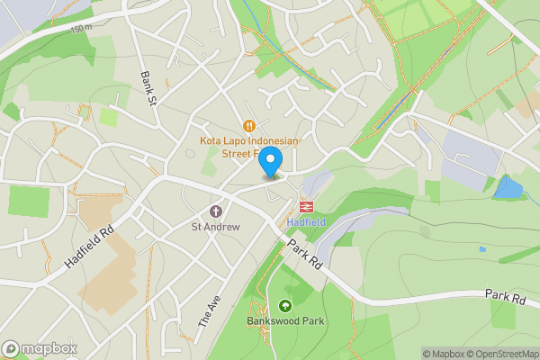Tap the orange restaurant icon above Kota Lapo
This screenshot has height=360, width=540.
(x=248, y=126)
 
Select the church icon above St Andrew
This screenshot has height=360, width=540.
(x=215, y=211)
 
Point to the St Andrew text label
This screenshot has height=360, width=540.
(x=215, y=227)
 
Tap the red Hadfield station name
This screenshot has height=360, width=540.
(x=306, y=221)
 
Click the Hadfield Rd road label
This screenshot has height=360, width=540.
(x=92, y=244)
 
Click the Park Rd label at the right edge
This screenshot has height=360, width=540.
(x=504, y=295)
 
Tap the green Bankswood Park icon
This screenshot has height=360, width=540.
(x=286, y=306)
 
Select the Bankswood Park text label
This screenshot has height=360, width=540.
(x=286, y=320)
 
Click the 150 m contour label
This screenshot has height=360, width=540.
(x=81, y=29)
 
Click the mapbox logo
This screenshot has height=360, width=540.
(x=40, y=348)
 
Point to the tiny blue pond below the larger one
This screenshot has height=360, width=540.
(x=482, y=248)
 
